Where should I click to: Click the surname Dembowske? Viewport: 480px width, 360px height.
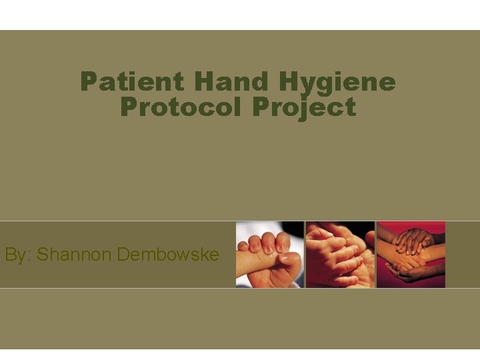click(x=167, y=255)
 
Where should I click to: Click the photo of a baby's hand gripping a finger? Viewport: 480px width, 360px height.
click(x=270, y=255)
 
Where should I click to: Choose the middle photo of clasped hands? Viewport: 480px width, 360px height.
click(x=340, y=255)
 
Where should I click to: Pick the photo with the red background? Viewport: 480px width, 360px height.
click(x=411, y=255)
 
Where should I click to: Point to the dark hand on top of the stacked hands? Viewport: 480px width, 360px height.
click(x=413, y=240)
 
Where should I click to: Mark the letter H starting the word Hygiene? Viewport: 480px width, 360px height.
click(x=289, y=83)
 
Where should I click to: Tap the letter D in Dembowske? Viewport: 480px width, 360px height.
click(x=123, y=255)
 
